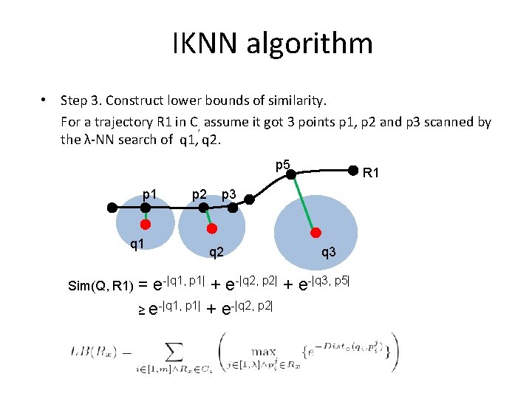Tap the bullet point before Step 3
(x=45, y=100)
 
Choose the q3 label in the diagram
(x=327, y=252)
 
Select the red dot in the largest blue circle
(x=318, y=230)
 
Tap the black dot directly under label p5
(x=292, y=175)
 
